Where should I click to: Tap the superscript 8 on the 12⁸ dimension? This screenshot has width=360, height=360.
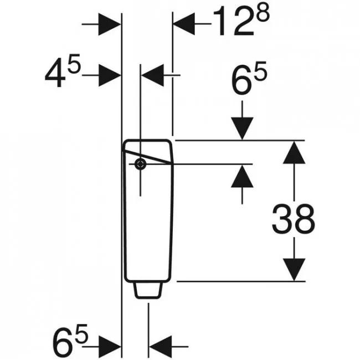[x=262, y=14]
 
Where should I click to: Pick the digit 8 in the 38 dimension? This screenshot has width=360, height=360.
[x=305, y=219]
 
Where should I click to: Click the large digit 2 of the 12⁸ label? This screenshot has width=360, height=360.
[x=243, y=21]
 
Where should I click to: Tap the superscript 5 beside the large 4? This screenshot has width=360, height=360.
[x=74, y=63]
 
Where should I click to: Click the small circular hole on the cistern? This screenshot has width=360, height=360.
[x=140, y=164]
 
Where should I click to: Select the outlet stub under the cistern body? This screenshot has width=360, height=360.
[x=148, y=290]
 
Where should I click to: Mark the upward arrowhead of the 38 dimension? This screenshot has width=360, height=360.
[x=294, y=152]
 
